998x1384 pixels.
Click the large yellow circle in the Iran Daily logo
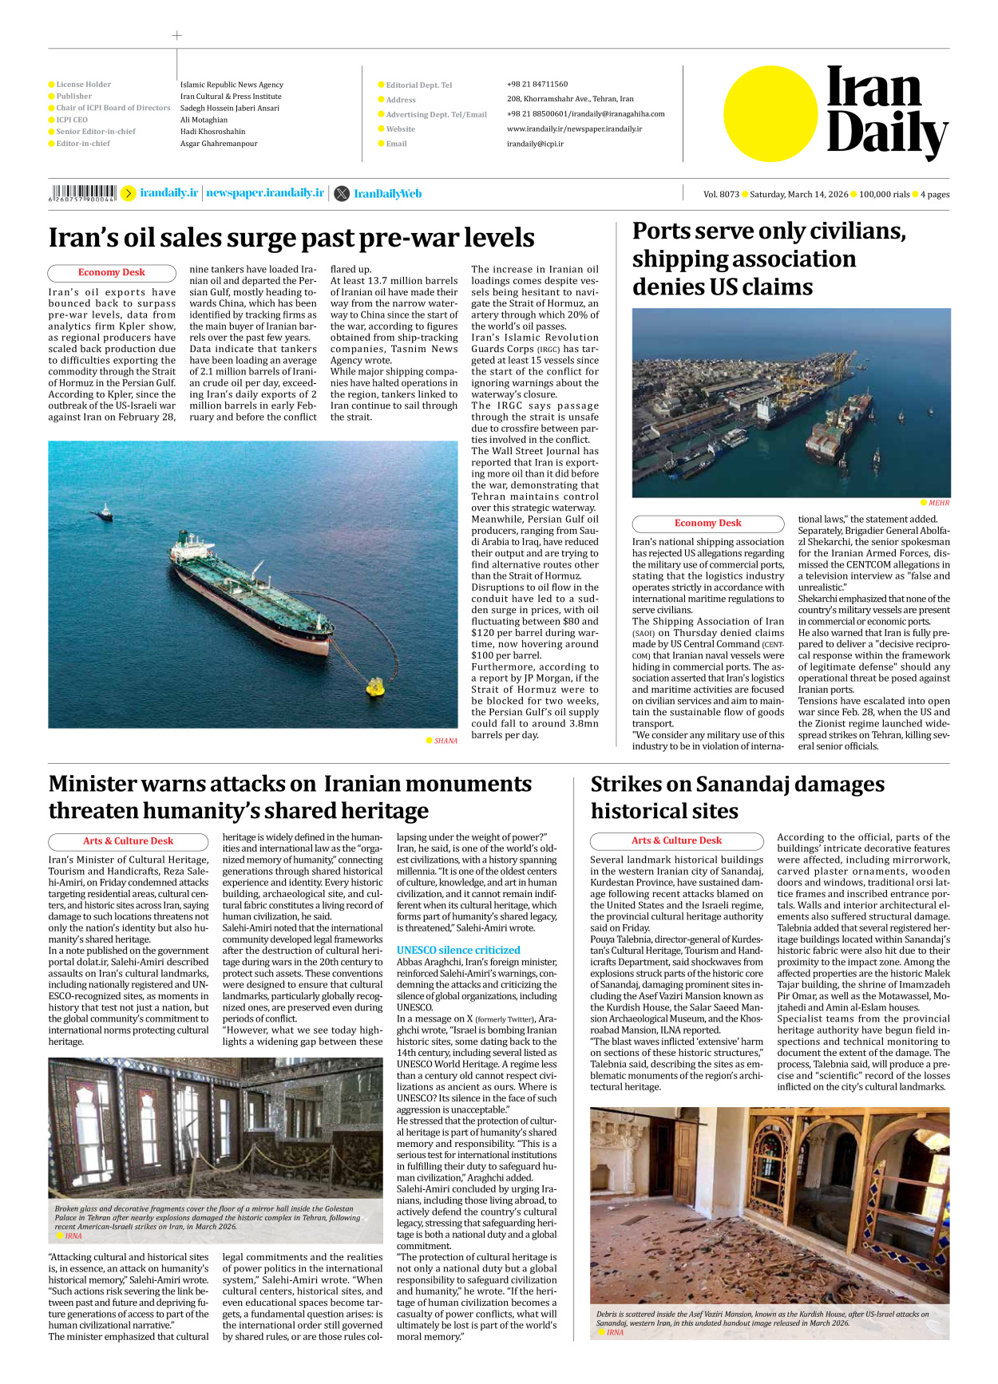point(770,113)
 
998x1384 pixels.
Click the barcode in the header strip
point(83,192)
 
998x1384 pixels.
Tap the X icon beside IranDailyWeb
point(342,193)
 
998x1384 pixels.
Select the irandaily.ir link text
point(168,193)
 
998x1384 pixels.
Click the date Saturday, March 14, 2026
point(798,194)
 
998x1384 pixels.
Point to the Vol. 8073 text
point(721,194)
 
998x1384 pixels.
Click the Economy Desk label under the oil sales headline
point(112,273)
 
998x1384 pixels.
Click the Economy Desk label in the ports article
point(707,524)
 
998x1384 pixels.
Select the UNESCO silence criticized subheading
point(458,950)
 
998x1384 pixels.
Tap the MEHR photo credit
point(939,503)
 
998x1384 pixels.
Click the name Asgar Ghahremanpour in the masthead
point(219,144)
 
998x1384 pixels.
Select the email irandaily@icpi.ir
point(535,144)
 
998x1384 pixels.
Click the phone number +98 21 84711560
point(537,84)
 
